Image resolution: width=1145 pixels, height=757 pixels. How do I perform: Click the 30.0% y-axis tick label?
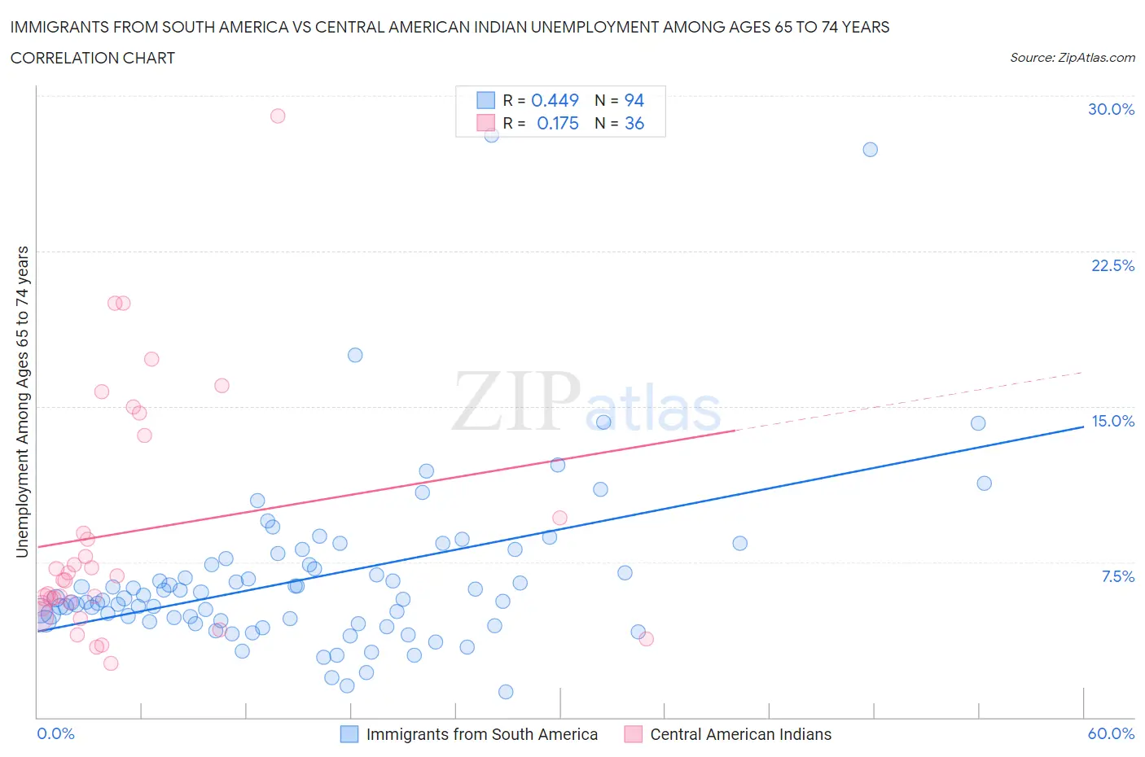[x=1111, y=109]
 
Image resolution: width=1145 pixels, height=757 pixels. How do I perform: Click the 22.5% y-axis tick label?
[x=1112, y=265]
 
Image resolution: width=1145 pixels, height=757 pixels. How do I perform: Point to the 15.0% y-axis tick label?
[x=1112, y=421]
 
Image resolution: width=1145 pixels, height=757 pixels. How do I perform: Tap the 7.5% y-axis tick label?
[x=1117, y=576]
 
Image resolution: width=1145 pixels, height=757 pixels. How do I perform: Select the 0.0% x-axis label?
[x=55, y=733]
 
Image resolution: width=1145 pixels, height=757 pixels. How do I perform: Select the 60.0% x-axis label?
[x=1111, y=733]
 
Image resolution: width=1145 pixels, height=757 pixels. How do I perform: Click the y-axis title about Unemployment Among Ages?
[x=22, y=401]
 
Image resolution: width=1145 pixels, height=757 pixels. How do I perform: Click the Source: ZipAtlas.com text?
[x=1072, y=58]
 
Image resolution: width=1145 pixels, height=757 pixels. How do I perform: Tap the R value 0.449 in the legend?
[x=555, y=100]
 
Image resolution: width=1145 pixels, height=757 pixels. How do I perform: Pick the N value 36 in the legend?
[x=634, y=123]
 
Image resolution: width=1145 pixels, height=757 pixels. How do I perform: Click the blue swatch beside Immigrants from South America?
[x=349, y=734]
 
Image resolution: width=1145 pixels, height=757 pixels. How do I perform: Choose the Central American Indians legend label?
[x=740, y=734]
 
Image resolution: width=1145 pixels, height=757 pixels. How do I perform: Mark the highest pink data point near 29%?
[x=278, y=116]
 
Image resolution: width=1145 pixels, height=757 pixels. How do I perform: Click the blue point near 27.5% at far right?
[x=870, y=149]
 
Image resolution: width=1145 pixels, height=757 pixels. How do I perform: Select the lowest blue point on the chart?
[x=506, y=692]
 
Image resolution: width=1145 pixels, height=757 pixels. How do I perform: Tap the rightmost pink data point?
[x=647, y=639]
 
